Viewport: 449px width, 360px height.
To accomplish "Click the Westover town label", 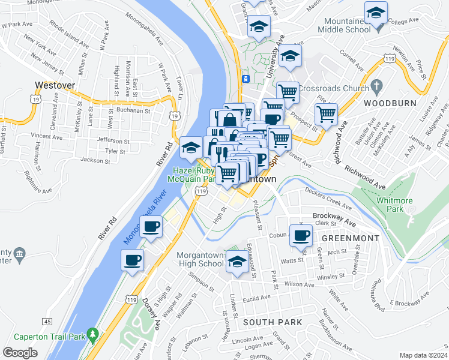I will coord(55,85).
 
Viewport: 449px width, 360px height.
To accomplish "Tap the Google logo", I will coord(20,353).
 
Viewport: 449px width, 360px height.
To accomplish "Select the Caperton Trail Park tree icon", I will coord(92,333).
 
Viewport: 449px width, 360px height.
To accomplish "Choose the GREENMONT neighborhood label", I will coord(351,238).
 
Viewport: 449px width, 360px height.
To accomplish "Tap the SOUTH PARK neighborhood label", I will coord(273,322).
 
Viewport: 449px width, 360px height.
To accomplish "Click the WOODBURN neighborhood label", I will coord(390,103).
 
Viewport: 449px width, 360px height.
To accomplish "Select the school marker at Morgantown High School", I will coord(238,262).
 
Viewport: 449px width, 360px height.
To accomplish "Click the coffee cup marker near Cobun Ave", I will coord(301,235).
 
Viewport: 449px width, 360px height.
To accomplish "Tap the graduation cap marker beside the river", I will coord(191,146).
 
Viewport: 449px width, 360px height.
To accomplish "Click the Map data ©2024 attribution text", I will coord(423,355).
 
